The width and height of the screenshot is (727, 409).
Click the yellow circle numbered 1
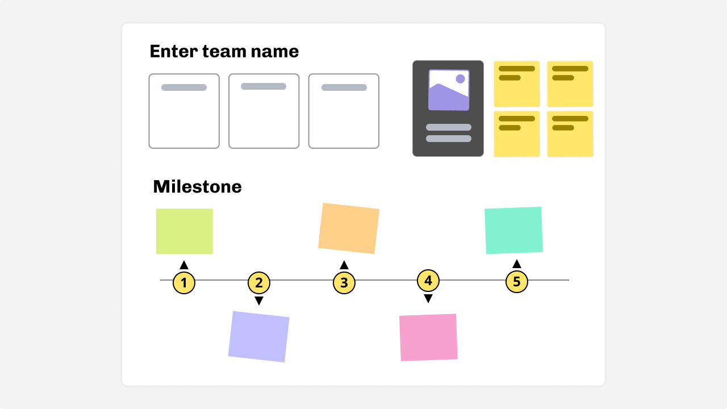click(x=184, y=282)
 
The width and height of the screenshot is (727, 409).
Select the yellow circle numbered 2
click(x=259, y=282)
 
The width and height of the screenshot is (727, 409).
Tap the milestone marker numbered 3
click(x=344, y=282)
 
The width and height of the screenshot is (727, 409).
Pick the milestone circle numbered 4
click(x=428, y=280)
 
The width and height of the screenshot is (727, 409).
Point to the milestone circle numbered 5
click(x=516, y=281)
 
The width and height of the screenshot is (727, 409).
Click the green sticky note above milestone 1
click(x=185, y=231)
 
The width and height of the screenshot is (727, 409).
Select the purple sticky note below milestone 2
click(x=259, y=336)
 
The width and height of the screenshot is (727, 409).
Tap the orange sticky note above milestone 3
click(x=349, y=228)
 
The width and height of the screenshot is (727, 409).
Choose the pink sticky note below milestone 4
click(x=428, y=337)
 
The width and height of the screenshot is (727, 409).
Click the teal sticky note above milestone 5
click(x=513, y=230)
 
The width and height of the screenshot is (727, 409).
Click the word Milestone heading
click(x=197, y=187)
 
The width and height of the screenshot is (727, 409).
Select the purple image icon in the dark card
click(x=449, y=90)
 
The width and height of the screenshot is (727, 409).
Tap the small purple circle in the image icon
click(x=460, y=79)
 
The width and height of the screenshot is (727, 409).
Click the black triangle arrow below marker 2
click(x=259, y=301)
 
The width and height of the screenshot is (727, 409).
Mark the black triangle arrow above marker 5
click(x=516, y=264)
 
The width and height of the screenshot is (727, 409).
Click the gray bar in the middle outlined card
click(x=264, y=86)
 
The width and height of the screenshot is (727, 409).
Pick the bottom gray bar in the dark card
click(x=449, y=139)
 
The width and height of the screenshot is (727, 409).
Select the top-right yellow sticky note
click(x=570, y=84)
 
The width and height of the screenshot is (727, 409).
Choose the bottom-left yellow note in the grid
click(x=516, y=134)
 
